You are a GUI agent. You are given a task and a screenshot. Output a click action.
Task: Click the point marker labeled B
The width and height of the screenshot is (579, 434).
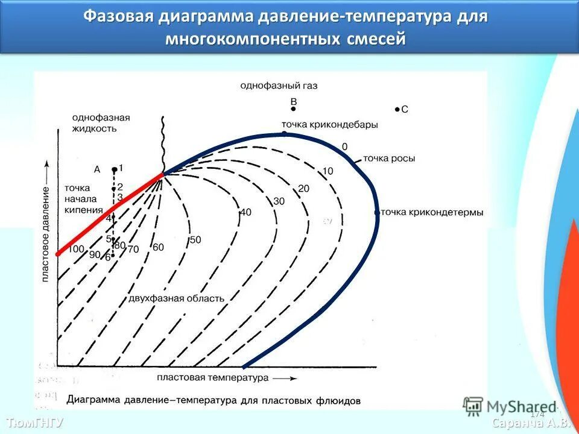(293, 109)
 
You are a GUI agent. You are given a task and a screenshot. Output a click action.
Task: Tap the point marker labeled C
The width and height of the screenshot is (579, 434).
(396, 109)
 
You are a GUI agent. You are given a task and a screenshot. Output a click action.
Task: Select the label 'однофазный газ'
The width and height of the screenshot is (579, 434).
(279, 86)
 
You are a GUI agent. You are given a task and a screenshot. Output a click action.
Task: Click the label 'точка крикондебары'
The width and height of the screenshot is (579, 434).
(330, 125)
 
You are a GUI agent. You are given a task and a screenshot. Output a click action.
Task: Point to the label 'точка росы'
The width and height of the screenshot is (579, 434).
(388, 159)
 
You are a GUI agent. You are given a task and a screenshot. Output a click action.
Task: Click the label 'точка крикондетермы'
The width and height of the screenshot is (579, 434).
(432, 212)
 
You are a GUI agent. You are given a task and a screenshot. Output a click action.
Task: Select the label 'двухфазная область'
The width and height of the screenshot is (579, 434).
(176, 298)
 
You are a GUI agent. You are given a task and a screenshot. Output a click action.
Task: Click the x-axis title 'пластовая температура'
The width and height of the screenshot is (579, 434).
(212, 378)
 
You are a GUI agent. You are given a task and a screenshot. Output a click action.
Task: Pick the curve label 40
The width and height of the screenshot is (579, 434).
(245, 212)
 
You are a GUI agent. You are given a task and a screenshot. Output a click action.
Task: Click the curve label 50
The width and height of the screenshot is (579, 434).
(195, 240)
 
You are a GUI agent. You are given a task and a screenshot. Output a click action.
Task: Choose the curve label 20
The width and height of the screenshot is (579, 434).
(303, 189)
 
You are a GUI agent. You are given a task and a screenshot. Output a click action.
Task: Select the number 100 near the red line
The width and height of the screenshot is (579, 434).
(76, 249)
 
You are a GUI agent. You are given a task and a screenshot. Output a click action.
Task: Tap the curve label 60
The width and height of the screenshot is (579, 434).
(158, 247)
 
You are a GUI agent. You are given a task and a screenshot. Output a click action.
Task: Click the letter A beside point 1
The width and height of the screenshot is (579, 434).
(97, 169)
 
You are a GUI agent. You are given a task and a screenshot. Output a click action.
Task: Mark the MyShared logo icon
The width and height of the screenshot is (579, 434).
(473, 406)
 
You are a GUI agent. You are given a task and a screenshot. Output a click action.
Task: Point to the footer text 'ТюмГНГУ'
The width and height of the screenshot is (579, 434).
(35, 422)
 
